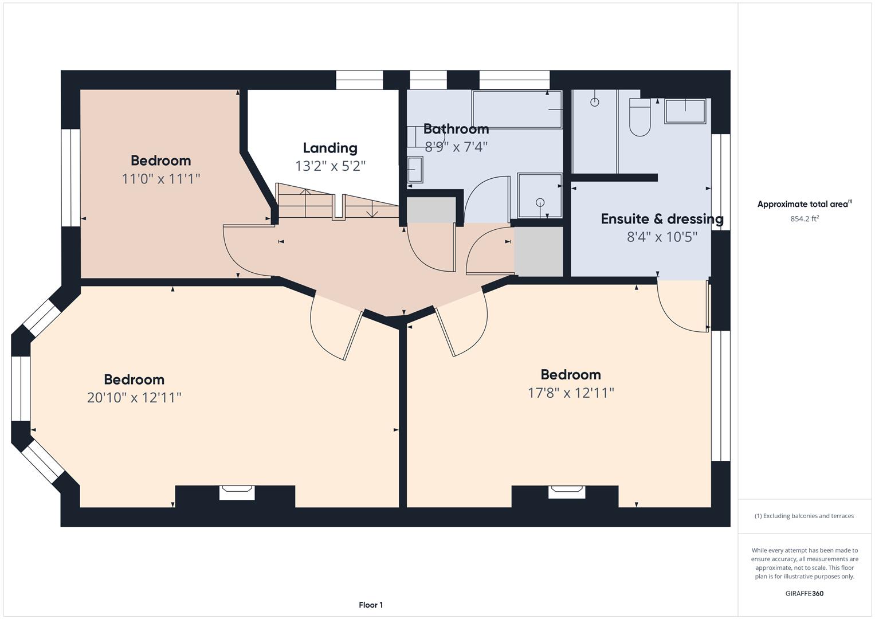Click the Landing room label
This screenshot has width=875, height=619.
pos(330,148)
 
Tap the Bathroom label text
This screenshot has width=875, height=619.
pos(456,129)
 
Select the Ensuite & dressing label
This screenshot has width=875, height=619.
pos(662,219)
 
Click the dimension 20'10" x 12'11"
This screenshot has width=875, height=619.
pos(134,397)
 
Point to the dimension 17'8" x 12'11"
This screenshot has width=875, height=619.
pos(571,393)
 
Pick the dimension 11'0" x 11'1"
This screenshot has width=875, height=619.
pos(160,179)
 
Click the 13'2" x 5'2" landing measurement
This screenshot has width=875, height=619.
pos(330,166)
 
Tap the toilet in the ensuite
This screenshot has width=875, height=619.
pos(639,117)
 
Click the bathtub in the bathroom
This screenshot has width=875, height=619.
pos(516,109)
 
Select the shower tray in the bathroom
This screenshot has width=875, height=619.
pos(540,195)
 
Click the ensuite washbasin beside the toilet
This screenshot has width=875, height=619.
pos(685,111)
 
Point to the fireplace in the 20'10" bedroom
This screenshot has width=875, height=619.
pos(237,492)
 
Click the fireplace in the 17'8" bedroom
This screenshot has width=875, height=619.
pos(566,492)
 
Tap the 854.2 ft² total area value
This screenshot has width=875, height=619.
pos(804,218)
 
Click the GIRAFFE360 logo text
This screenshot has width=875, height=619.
pos(804,593)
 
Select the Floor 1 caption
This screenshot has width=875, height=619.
pos(371,605)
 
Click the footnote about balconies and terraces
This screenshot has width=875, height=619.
pos(804,516)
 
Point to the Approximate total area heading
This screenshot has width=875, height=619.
pos(804,204)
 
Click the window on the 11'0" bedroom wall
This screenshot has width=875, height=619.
pos(70,178)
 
